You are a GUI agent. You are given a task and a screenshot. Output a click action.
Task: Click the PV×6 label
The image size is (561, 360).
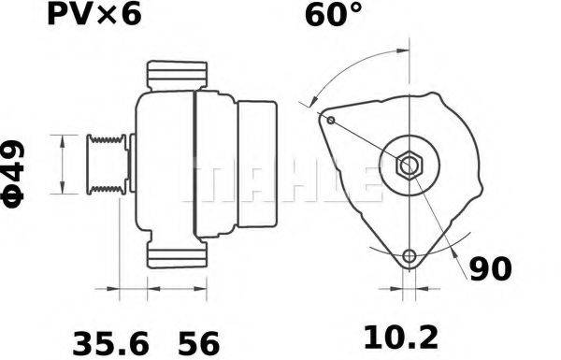(x=91, y=16)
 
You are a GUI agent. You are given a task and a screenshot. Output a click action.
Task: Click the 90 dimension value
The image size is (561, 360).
(x=490, y=269)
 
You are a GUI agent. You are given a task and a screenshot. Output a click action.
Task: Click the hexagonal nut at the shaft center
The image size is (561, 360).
(x=410, y=166)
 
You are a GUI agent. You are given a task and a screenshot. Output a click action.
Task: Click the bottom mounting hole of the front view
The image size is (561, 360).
(x=408, y=256)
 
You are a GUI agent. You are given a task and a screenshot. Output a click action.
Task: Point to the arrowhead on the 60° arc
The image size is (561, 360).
(x=317, y=104)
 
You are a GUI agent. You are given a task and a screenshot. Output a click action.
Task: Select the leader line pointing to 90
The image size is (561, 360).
(x=447, y=234)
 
